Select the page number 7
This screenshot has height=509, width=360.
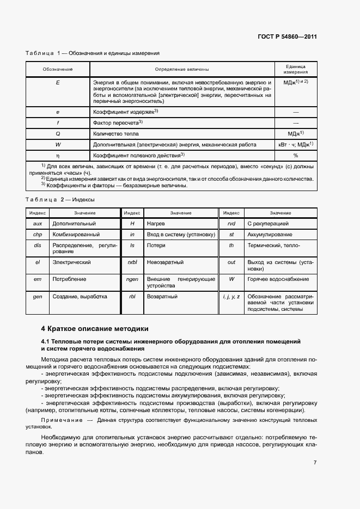pyautogui.click(x=315, y=463)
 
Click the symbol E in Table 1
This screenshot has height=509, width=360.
pyautogui.click(x=58, y=82)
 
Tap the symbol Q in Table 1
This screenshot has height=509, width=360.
pyautogui.click(x=58, y=133)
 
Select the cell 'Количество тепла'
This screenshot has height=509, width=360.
pyautogui.click(x=116, y=133)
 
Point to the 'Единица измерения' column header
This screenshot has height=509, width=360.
pyautogui.click(x=296, y=69)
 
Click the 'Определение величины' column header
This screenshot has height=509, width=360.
pyautogui.click(x=182, y=69)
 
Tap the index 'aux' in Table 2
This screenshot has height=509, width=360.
pyautogui.click(x=38, y=224)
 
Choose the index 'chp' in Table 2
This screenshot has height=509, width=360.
pyautogui.click(x=38, y=235)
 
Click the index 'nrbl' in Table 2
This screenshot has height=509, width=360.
pyautogui.click(x=132, y=262)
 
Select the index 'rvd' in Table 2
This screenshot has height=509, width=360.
pyautogui.click(x=231, y=224)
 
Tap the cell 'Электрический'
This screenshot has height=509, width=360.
pyautogui.click(x=71, y=262)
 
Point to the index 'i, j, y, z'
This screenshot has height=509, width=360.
pyautogui.click(x=231, y=297)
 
